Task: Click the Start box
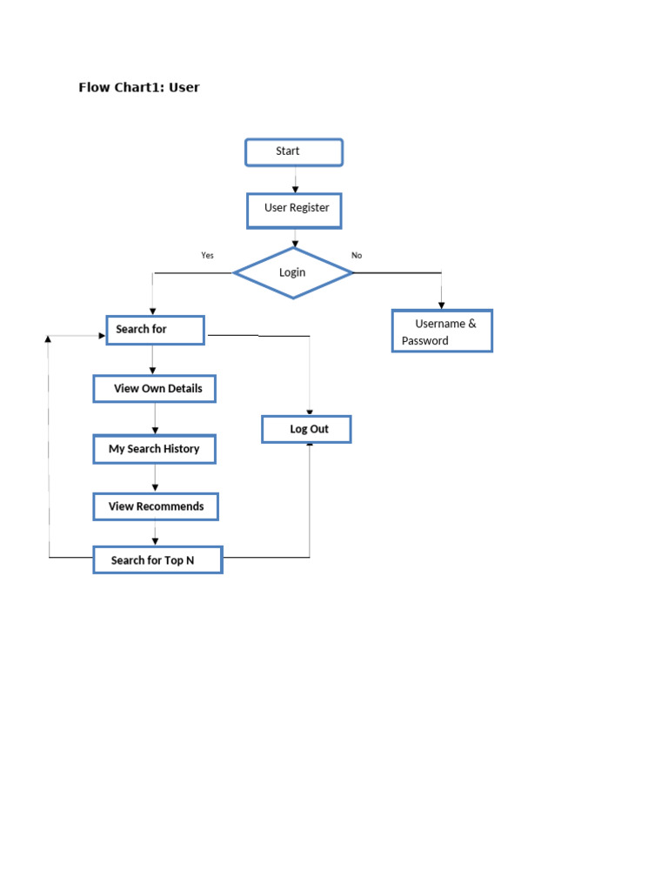click(294, 152)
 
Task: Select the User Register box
click(295, 210)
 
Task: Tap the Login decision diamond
click(293, 272)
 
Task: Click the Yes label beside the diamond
click(207, 255)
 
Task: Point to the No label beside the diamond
click(357, 255)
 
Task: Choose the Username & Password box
click(442, 331)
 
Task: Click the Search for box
click(155, 330)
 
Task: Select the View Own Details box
click(154, 388)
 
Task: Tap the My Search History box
click(154, 449)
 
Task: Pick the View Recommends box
click(156, 506)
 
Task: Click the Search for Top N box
click(157, 560)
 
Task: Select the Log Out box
click(307, 429)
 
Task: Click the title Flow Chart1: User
click(139, 87)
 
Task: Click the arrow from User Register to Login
click(296, 238)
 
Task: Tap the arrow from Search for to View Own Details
click(153, 359)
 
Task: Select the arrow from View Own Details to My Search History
click(155, 419)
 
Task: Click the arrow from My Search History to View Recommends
click(155, 478)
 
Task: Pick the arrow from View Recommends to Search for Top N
click(155, 533)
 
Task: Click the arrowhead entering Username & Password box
click(442, 305)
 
